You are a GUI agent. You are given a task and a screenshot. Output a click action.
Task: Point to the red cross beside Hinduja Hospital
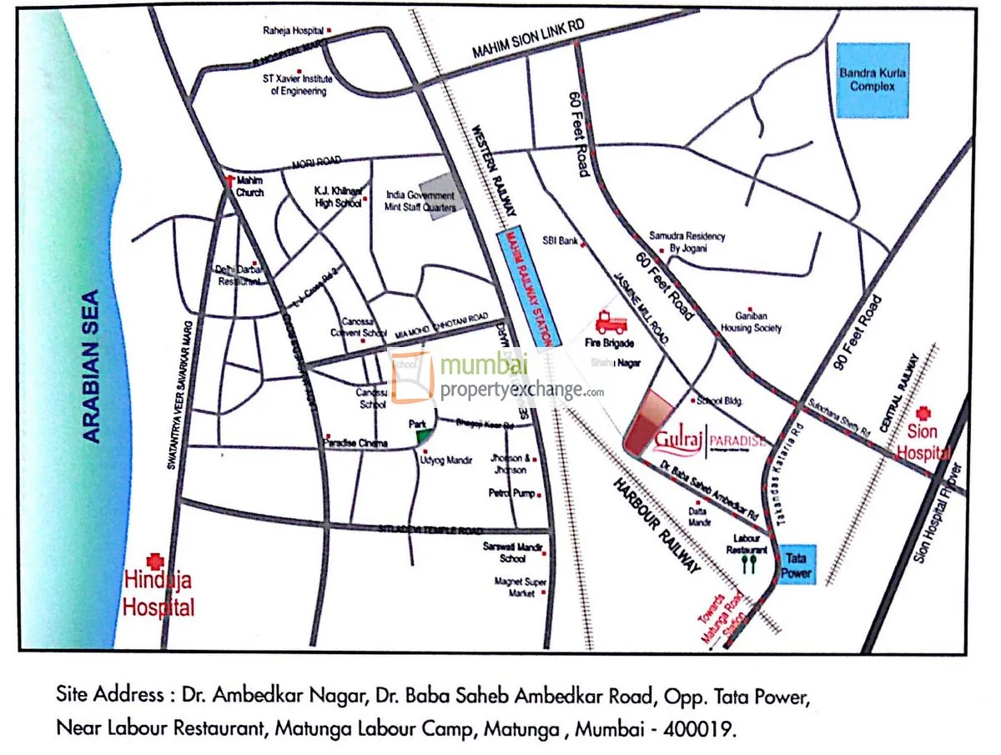[x=153, y=561]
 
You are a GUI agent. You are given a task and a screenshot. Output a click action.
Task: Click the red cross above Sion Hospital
[x=923, y=413]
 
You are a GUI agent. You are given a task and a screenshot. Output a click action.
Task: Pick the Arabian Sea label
[x=93, y=365]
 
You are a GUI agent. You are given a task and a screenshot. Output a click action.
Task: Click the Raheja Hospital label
[x=293, y=32]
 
